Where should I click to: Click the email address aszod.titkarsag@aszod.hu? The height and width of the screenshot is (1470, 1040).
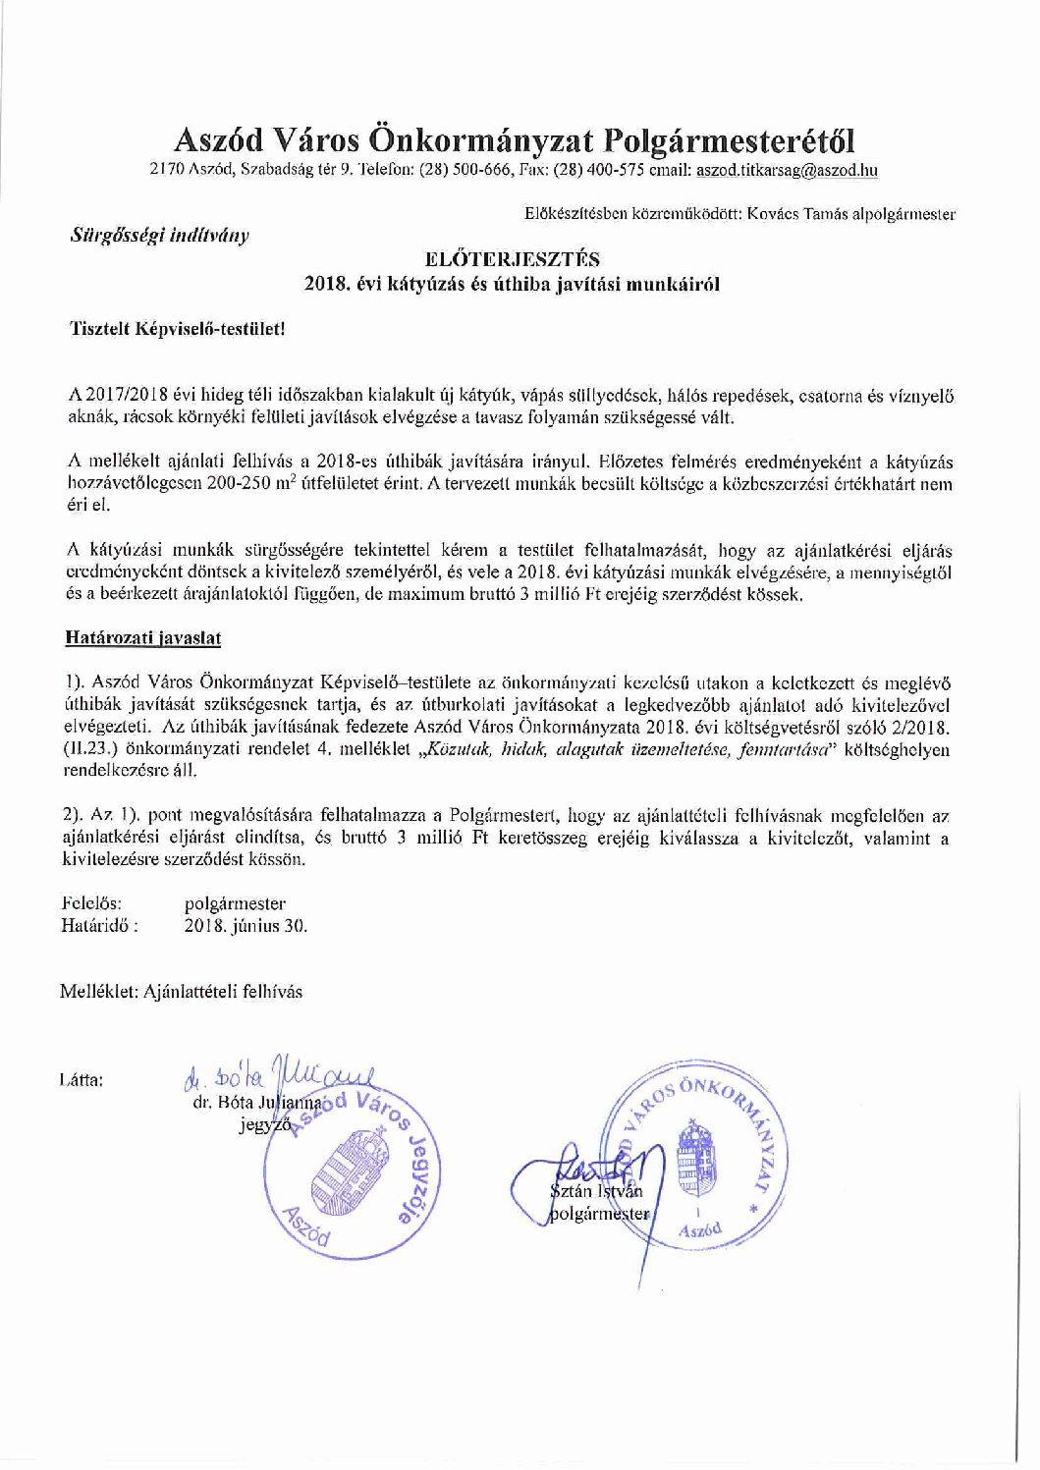787,170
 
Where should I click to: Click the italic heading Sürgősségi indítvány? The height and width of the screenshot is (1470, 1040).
160,236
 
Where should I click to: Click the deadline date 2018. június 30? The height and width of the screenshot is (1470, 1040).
246,925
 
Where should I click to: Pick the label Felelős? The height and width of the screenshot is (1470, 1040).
90,903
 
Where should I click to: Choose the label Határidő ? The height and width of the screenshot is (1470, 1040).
99,925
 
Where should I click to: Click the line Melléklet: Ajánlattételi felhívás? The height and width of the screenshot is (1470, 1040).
181,991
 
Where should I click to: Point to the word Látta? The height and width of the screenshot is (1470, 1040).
82,1080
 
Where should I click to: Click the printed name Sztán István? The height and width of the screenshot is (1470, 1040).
597,1191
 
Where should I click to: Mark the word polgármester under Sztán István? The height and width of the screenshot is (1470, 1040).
599,1214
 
